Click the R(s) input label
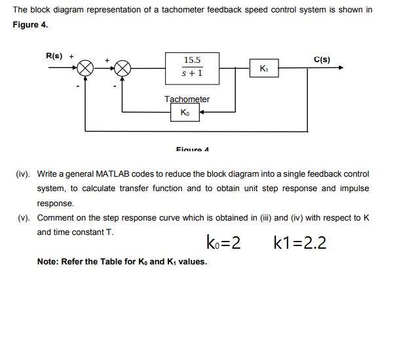(x=53, y=56)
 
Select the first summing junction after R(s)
(x=86, y=67)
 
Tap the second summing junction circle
(x=123, y=67)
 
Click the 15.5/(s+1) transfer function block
(x=191, y=67)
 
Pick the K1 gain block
(x=263, y=68)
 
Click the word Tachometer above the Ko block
(x=187, y=99)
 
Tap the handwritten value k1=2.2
(x=301, y=243)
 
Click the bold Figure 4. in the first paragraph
(x=30, y=24)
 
